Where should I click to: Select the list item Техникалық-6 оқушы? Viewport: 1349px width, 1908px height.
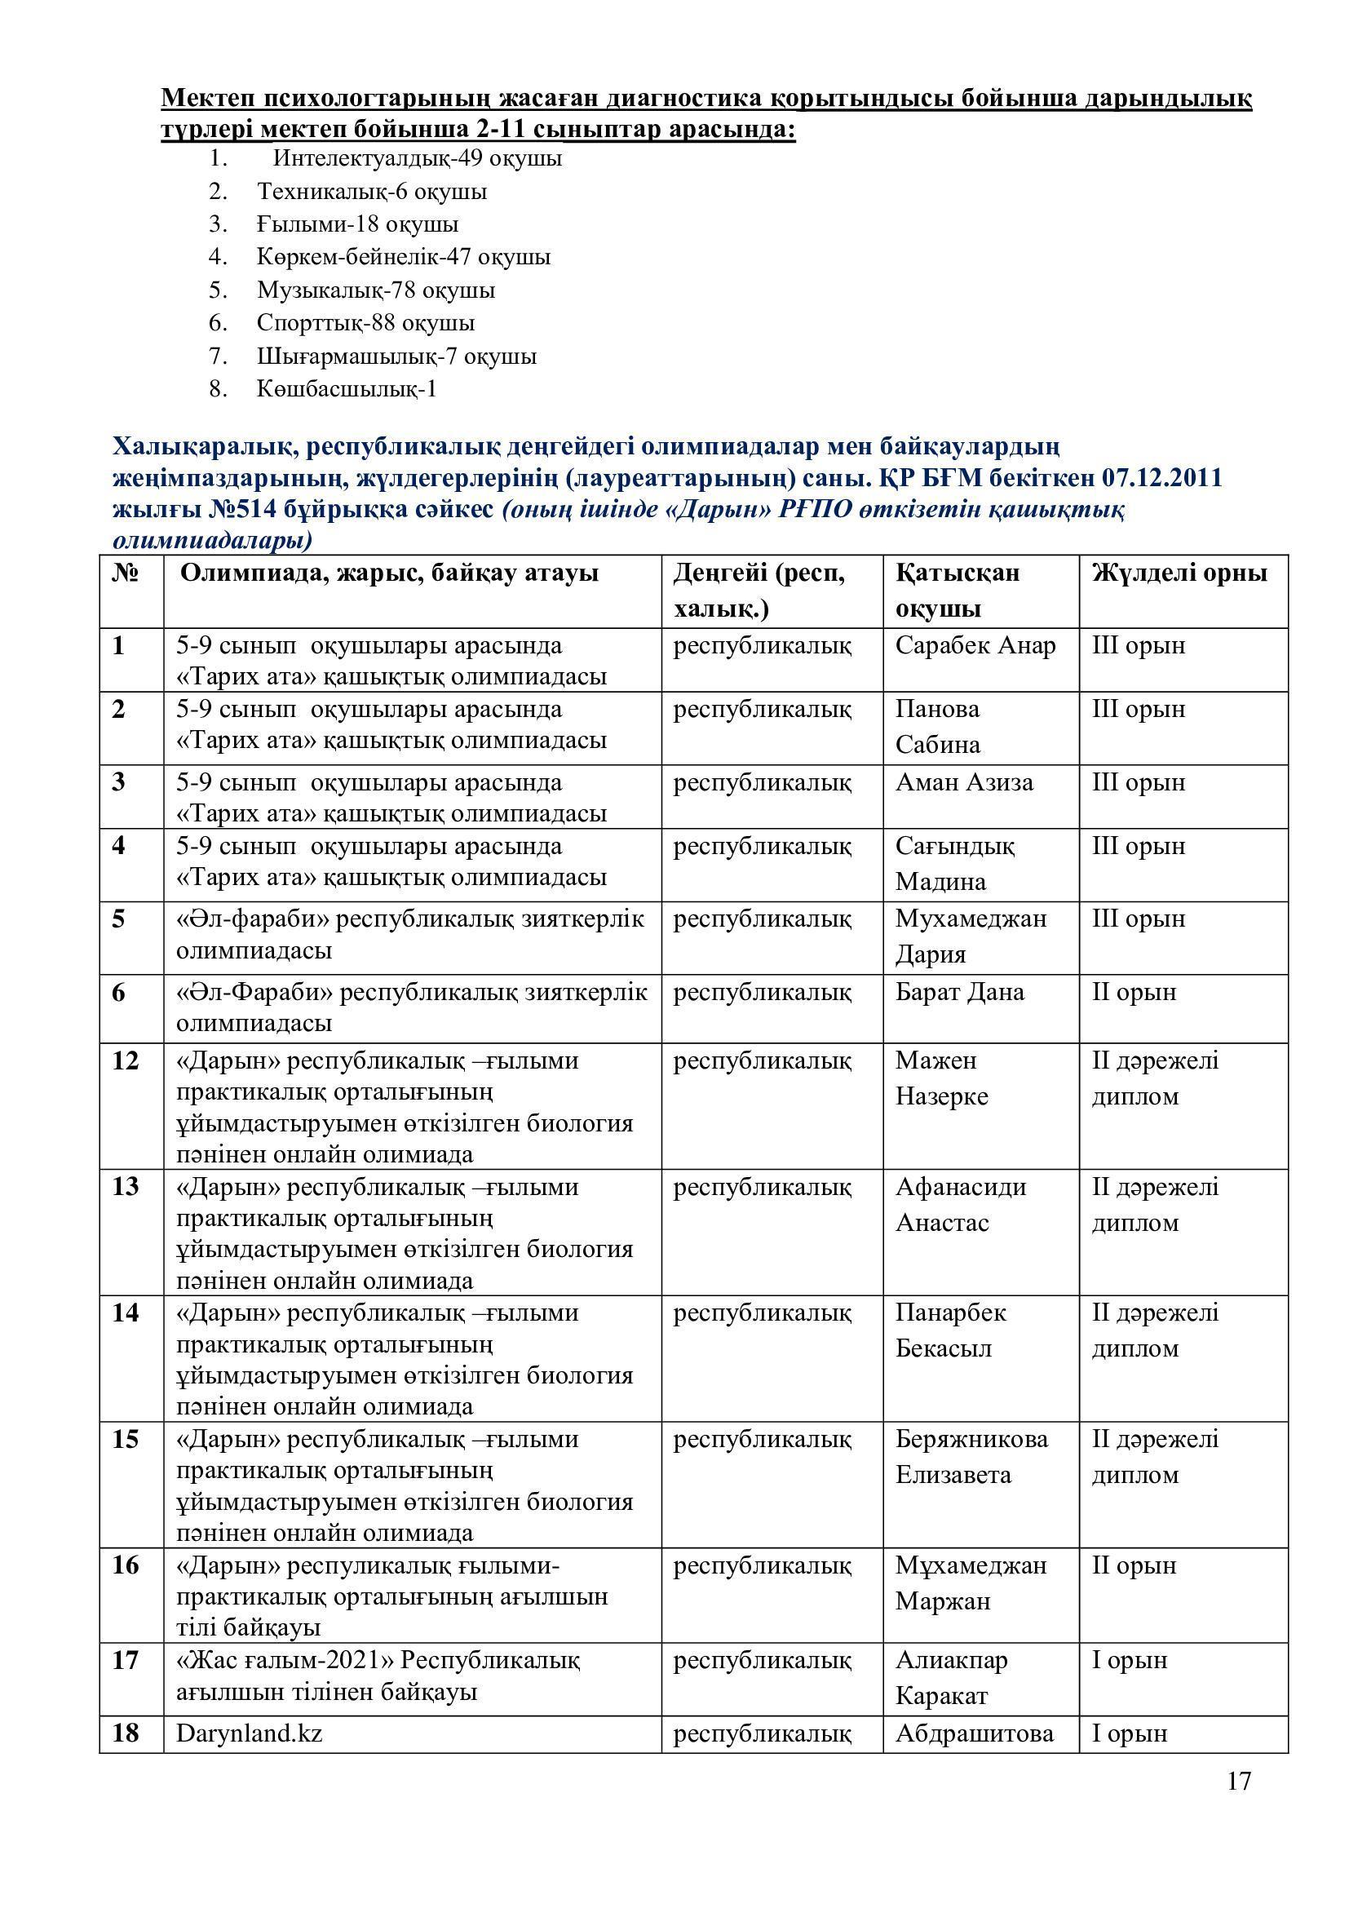(x=371, y=191)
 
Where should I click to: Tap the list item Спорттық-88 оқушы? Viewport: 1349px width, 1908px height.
(x=365, y=322)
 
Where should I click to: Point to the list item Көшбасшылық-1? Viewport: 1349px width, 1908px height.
(x=347, y=389)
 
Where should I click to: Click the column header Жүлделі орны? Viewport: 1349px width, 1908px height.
(x=1179, y=573)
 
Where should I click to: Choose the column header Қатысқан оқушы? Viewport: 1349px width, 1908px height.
(x=957, y=590)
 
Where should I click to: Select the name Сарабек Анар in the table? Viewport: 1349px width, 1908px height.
(x=975, y=646)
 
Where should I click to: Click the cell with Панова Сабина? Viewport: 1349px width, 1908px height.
(x=938, y=727)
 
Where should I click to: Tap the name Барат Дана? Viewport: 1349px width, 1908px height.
(x=959, y=992)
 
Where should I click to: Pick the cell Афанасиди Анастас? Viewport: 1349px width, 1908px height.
(x=960, y=1204)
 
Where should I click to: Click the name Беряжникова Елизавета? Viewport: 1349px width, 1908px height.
(x=971, y=1457)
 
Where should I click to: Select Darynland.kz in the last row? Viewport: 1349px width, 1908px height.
(x=250, y=1733)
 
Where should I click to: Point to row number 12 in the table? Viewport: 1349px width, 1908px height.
(x=126, y=1061)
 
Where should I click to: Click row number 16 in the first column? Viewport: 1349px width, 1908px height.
(x=126, y=1565)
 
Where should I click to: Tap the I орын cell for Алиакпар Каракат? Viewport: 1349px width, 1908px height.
(x=1129, y=1660)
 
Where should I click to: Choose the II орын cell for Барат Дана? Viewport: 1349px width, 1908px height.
(x=1134, y=992)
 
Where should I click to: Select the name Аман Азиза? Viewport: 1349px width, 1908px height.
(x=963, y=783)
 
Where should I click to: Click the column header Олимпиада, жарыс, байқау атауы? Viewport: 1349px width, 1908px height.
(x=389, y=573)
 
